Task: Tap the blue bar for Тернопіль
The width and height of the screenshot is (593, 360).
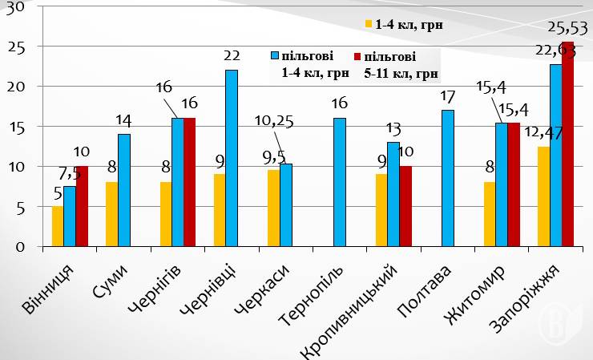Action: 340,182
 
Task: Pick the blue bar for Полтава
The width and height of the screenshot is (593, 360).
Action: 447,178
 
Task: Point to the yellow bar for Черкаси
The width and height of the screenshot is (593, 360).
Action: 273,208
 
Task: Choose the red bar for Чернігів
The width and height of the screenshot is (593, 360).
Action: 190,182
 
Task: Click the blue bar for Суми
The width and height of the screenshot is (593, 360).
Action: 123,190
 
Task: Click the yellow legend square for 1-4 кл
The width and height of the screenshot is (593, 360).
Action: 369,24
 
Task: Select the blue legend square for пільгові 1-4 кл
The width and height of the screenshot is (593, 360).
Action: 274,57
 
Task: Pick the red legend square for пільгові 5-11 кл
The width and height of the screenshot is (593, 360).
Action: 357,57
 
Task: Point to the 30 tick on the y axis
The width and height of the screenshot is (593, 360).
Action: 14,7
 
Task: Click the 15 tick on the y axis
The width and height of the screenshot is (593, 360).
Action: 14,127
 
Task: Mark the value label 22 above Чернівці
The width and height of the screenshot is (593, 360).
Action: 232,55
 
